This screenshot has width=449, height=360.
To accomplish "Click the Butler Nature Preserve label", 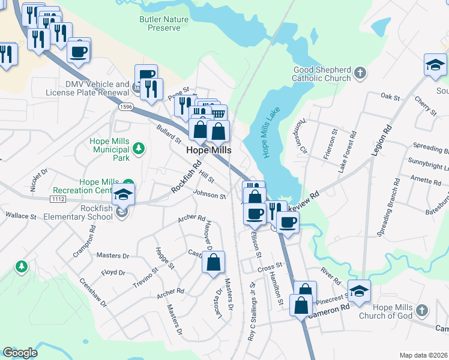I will pos(164,23).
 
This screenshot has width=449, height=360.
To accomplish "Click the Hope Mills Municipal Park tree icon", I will pos(139,147).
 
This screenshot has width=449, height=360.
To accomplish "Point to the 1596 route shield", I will pos(125,107).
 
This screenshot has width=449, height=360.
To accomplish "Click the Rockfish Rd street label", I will pos(185,176).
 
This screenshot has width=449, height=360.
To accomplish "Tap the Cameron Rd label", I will pos(329,308).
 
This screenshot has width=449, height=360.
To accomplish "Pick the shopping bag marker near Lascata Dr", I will pos(213,262).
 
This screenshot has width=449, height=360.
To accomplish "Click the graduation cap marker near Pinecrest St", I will pos(359,290).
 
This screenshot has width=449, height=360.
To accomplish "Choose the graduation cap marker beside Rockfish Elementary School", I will pos(123,195).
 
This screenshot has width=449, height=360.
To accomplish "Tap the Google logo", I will pos(20,353).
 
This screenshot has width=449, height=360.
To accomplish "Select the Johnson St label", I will pos(209,195).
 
